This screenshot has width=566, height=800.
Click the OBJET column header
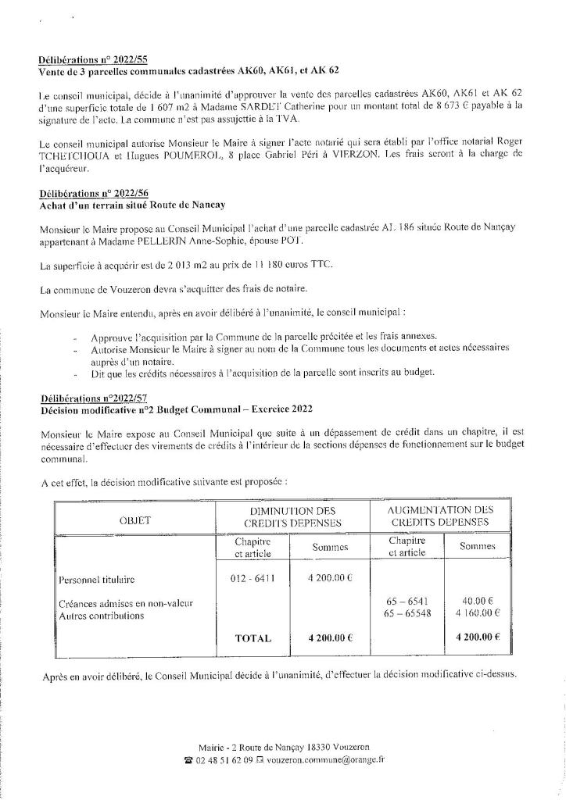click(135, 519)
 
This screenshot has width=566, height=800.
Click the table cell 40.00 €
click(478, 602)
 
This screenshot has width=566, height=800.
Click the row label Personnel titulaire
click(96, 580)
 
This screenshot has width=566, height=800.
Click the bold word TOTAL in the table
click(253, 638)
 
